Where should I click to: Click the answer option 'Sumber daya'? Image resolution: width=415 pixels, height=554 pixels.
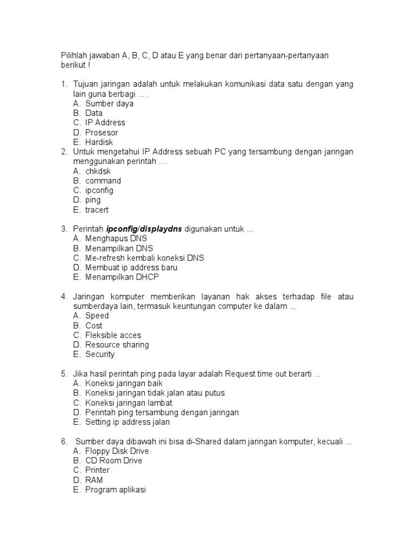pyautogui.click(x=109, y=103)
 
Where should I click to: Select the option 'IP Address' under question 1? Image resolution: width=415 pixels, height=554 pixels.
pyautogui.click(x=105, y=123)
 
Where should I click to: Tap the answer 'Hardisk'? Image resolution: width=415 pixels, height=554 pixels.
pyautogui.click(x=99, y=142)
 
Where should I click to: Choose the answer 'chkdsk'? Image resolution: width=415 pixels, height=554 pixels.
pyautogui.click(x=98, y=171)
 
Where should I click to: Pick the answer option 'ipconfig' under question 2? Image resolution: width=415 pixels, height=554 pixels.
pyautogui.click(x=99, y=190)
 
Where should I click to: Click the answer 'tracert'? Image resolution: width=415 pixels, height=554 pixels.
pyautogui.click(x=97, y=210)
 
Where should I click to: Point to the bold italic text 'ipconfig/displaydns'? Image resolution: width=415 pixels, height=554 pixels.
pyautogui.click(x=144, y=229)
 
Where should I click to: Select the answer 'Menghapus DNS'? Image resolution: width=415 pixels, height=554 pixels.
pyautogui.click(x=116, y=239)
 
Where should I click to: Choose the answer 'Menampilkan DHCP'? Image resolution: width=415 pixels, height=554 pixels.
pyautogui.click(x=122, y=277)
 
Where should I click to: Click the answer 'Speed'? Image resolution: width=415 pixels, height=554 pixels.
pyautogui.click(x=97, y=315)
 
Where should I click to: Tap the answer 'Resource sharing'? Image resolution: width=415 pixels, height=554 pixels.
pyautogui.click(x=117, y=345)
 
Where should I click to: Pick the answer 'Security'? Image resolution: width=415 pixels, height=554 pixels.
pyautogui.click(x=100, y=354)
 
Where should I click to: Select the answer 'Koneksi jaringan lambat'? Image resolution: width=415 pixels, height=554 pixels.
pyautogui.click(x=129, y=403)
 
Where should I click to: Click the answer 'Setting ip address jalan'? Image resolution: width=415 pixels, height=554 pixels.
pyautogui.click(x=128, y=422)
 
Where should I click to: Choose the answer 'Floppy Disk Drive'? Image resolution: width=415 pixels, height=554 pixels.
pyautogui.click(x=117, y=451)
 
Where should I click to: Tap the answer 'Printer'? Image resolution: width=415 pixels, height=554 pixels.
pyautogui.click(x=97, y=470)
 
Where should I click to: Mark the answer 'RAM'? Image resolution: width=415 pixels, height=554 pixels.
pyautogui.click(x=94, y=480)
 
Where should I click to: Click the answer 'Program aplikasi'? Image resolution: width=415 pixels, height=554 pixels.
pyautogui.click(x=116, y=490)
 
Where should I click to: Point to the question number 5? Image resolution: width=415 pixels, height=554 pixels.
pyautogui.click(x=63, y=374)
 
